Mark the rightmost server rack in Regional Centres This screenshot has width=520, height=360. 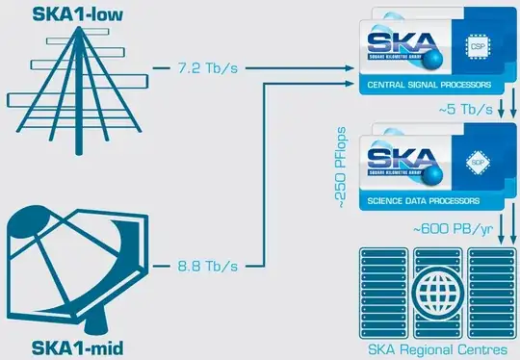point(506,290)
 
